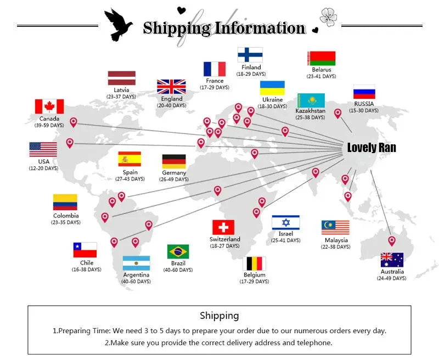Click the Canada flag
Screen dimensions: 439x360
[x=49, y=106]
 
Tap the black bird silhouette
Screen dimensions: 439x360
[x=118, y=25]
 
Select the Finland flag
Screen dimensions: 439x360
[x=250, y=55]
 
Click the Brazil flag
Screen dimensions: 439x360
[x=178, y=252]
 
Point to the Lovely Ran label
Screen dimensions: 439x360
[x=372, y=148]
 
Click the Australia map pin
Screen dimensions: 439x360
[x=392, y=241]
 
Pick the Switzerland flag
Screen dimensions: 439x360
[x=223, y=227]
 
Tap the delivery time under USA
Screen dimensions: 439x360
[x=44, y=168]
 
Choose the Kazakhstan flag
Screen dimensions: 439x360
[x=311, y=100]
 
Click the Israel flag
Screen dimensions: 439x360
[x=285, y=223]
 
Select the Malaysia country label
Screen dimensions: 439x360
[x=336, y=240]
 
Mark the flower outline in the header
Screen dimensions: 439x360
[x=328, y=17]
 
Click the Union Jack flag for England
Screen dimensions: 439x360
[x=171, y=87]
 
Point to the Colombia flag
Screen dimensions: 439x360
[x=65, y=202]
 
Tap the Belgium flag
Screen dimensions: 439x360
[x=254, y=264]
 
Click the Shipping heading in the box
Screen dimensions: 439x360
[x=219, y=316]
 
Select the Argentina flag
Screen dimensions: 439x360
[x=136, y=263]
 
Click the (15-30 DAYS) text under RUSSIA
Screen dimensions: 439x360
[x=364, y=110]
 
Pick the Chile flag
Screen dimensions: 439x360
[x=85, y=250]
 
